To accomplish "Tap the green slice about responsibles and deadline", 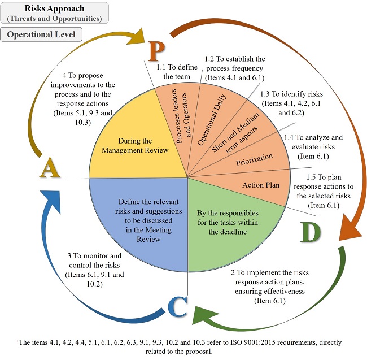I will [x=227, y=222].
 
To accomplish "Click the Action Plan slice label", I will [x=260, y=185].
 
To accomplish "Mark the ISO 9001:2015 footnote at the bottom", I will [x=183, y=347].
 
